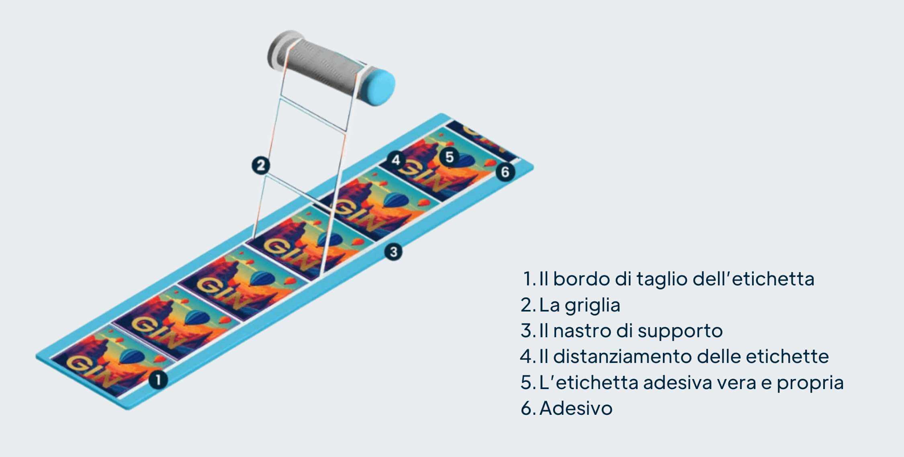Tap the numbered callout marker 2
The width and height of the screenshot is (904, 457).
(261, 165)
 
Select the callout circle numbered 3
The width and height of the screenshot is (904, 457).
(393, 252)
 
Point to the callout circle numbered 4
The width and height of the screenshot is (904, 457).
(396, 160)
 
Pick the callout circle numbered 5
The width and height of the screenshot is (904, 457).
(449, 157)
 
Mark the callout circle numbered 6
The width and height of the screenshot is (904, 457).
(505, 172)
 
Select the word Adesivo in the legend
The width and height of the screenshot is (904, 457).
(576, 408)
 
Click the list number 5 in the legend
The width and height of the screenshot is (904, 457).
(526, 383)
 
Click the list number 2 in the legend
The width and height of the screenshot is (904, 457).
(526, 305)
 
